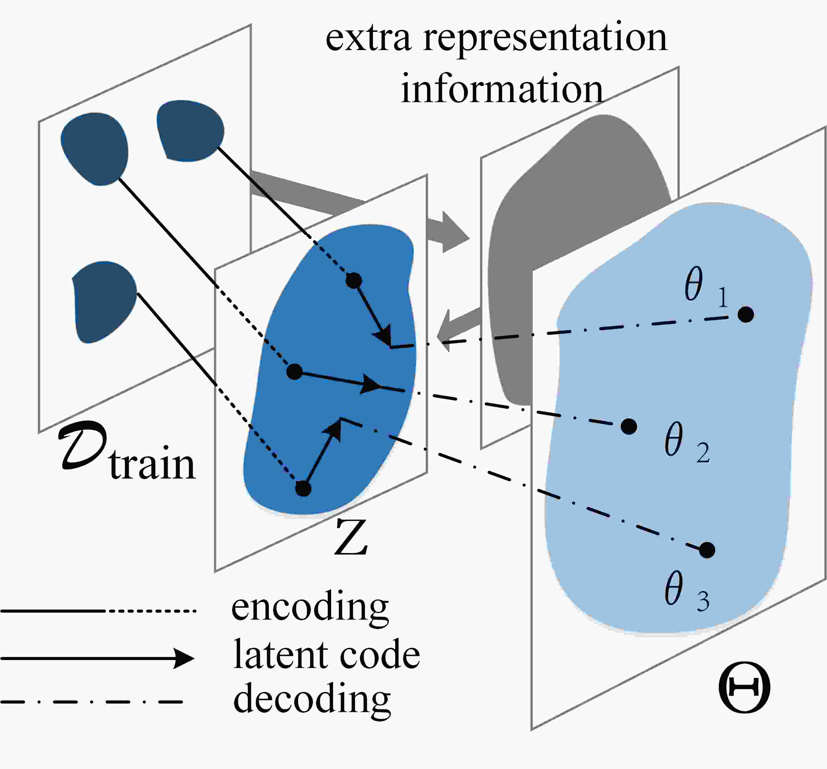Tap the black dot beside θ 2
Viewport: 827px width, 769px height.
pyautogui.click(x=628, y=426)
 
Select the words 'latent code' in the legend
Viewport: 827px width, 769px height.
pyautogui.click(x=327, y=655)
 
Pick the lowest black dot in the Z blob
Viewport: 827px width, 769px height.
pyautogui.click(x=303, y=488)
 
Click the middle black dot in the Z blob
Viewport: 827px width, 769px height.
pyautogui.click(x=294, y=371)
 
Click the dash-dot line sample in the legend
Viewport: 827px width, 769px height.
pyautogui.click(x=92, y=702)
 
